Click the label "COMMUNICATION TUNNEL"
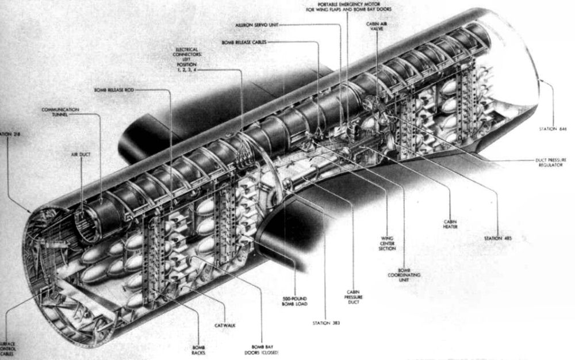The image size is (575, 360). pos(59,112)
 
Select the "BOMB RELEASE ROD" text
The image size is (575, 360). pos(116,90)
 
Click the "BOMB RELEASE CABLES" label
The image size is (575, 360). pos(248,43)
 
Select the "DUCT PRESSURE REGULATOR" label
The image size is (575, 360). pos(550,164)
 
